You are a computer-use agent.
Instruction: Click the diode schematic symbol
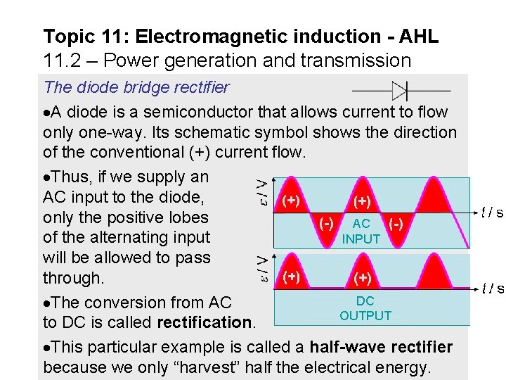click(401, 91)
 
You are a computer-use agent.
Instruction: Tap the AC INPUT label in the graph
click(361, 231)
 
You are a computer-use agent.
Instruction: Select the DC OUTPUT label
click(365, 308)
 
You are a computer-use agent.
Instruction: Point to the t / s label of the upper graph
click(491, 212)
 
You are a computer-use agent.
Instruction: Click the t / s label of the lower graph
click(491, 288)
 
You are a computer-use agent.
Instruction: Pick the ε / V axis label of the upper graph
click(260, 189)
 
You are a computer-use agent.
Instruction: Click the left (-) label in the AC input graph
click(326, 223)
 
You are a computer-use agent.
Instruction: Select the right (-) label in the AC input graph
click(396, 223)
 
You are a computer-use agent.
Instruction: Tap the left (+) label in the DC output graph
click(292, 277)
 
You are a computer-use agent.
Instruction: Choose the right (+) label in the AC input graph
click(363, 202)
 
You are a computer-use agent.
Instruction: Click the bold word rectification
click(205, 323)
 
